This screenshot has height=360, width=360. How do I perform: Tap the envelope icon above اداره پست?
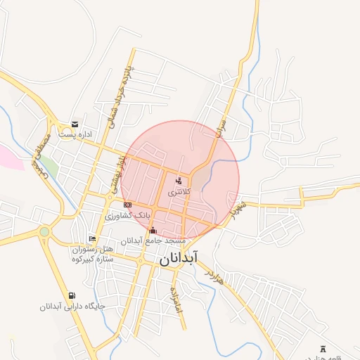tap(75, 124)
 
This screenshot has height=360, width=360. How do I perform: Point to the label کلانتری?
tap(178, 191)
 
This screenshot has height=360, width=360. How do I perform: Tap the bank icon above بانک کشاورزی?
tap(127, 205)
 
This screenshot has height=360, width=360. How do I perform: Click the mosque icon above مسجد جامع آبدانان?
tap(153, 229)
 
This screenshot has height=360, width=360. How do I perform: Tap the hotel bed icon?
tap(92, 239)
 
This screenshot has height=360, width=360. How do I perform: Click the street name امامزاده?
tap(174, 300)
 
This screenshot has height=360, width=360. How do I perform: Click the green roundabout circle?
tap(45, 231)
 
